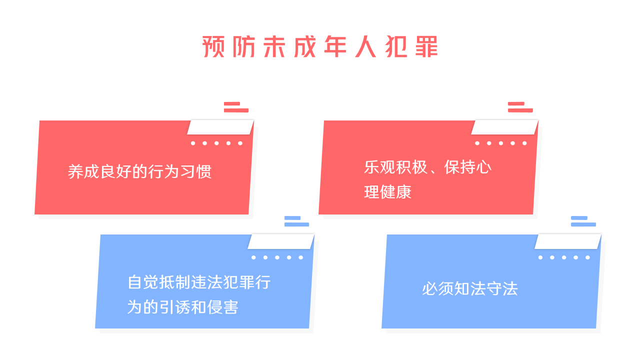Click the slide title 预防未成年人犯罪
pos(320,46)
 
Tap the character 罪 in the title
pos(426,46)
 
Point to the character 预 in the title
pos(213,46)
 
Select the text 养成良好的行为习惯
pos(139,171)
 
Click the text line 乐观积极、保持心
pos(427,167)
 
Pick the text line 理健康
pos(387,191)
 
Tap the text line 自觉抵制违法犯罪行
pos(199,282)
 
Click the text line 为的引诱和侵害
pos(182,307)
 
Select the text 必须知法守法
pos(470,288)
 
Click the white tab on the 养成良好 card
pos(220,127)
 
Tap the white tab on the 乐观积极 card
pos(504,127)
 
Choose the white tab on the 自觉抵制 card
pos(281,241)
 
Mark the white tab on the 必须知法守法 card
pos(567,241)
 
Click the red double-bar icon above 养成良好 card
pos(236,107)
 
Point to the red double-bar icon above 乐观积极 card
pos(520,107)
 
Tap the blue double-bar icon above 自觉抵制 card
pos(296,221)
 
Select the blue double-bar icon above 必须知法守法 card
pos(583,221)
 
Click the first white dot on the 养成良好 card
pos(193,143)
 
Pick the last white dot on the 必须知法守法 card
pos(587,257)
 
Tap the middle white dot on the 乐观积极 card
pos(501,143)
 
